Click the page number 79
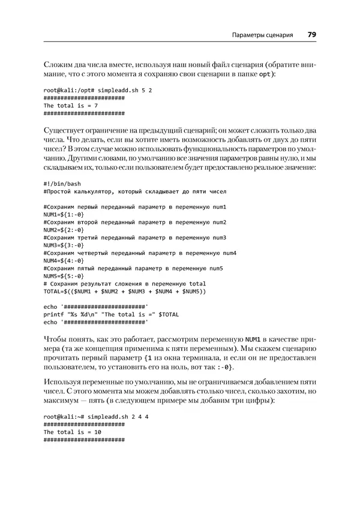click(312, 35)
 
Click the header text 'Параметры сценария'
click(262, 35)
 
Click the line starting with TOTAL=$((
click(125, 291)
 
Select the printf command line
click(112, 314)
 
